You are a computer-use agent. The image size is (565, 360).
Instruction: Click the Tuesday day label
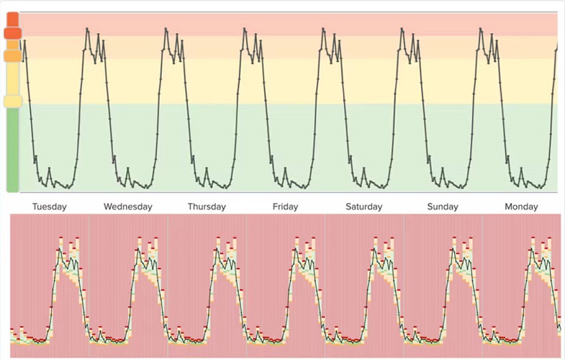(49, 207)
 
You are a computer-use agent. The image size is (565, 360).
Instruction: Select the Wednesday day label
(127, 207)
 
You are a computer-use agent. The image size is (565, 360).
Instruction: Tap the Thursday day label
(207, 207)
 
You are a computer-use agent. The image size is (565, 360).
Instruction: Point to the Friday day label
(285, 207)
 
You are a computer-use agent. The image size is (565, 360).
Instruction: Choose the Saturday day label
(363, 207)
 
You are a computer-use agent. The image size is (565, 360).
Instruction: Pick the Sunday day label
(442, 207)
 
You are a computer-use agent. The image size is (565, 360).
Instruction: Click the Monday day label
(521, 207)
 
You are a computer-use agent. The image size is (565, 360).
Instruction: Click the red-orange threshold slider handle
(13, 32)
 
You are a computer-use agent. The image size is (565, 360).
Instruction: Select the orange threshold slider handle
(13, 55)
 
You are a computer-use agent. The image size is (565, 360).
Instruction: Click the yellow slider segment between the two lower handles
(13, 78)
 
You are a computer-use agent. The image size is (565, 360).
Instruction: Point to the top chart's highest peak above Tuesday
(87, 29)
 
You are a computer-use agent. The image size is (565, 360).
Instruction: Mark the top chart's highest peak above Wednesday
(166, 29)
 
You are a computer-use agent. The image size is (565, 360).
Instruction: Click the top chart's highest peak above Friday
(323, 29)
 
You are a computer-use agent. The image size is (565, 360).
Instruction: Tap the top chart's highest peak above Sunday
(481, 29)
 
